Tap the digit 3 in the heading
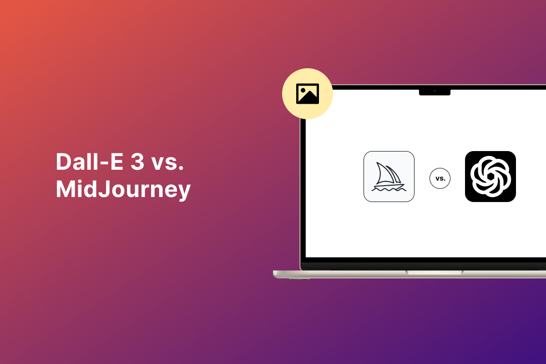pos(137,162)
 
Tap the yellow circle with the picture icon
pos(308,94)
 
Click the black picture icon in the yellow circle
pos(308,94)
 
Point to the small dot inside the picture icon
pos(303,91)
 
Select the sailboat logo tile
pos(389,177)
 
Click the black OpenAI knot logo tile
pos(490,177)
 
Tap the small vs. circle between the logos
pos(440,178)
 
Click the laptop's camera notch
pos(435,92)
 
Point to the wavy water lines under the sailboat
pos(389,189)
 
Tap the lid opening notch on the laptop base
pos(434,273)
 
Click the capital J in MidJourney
pos(104,189)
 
